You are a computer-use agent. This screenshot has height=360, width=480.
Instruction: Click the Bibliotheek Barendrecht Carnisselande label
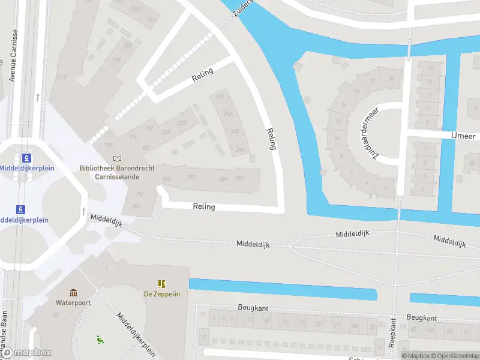click(x=117, y=172)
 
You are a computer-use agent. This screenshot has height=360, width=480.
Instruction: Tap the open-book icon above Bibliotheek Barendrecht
click(x=117, y=159)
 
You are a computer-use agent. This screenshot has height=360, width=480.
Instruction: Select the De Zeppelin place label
click(x=161, y=294)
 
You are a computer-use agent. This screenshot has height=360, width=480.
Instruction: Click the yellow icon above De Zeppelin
click(x=161, y=283)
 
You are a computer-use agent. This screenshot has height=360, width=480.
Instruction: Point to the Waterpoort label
click(x=73, y=302)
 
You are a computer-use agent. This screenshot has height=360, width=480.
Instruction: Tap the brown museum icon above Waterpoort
click(x=73, y=292)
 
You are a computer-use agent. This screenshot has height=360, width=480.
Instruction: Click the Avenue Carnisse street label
click(x=12, y=61)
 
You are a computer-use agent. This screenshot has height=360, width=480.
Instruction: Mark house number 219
click(x=116, y=60)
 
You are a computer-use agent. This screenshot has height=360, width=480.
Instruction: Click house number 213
click(x=152, y=20)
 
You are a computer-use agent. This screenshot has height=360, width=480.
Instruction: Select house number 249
click(x=239, y=149)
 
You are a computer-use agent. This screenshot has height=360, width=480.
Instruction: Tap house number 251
click(x=240, y=178)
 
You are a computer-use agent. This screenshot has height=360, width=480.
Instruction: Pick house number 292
click(x=140, y=194)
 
